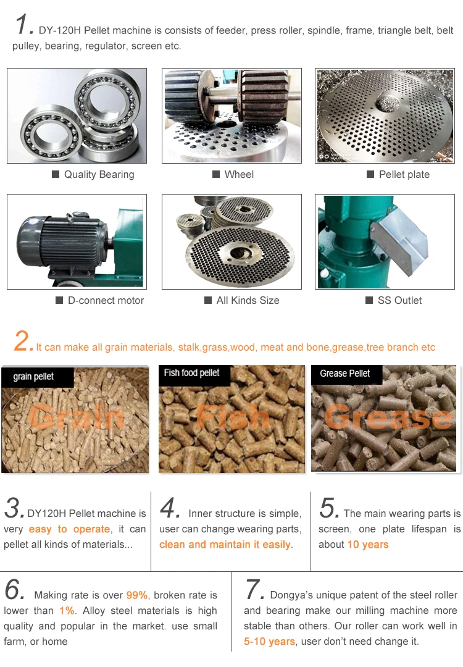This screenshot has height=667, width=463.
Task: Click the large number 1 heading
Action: click(22, 24)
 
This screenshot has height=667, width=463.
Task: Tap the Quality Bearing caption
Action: click(99, 174)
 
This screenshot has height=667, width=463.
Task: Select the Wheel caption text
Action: click(239, 174)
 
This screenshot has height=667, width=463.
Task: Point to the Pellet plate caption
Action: click(404, 174)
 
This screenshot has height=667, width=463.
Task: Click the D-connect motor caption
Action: click(106, 300)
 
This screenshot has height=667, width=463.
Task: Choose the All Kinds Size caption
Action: click(248, 300)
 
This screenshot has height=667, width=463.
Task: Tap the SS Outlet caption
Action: click(399, 300)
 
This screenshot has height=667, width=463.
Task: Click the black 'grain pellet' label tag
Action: click(38, 377)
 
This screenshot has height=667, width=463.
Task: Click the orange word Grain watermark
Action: click(77, 417)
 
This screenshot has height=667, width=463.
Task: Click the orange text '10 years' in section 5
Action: click(368, 545)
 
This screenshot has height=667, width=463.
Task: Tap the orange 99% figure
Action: click(136, 595)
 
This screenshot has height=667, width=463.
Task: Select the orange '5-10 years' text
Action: click(269, 642)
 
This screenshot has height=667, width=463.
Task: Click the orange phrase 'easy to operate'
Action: click(70, 529)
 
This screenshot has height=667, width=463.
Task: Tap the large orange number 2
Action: click(23, 341)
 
